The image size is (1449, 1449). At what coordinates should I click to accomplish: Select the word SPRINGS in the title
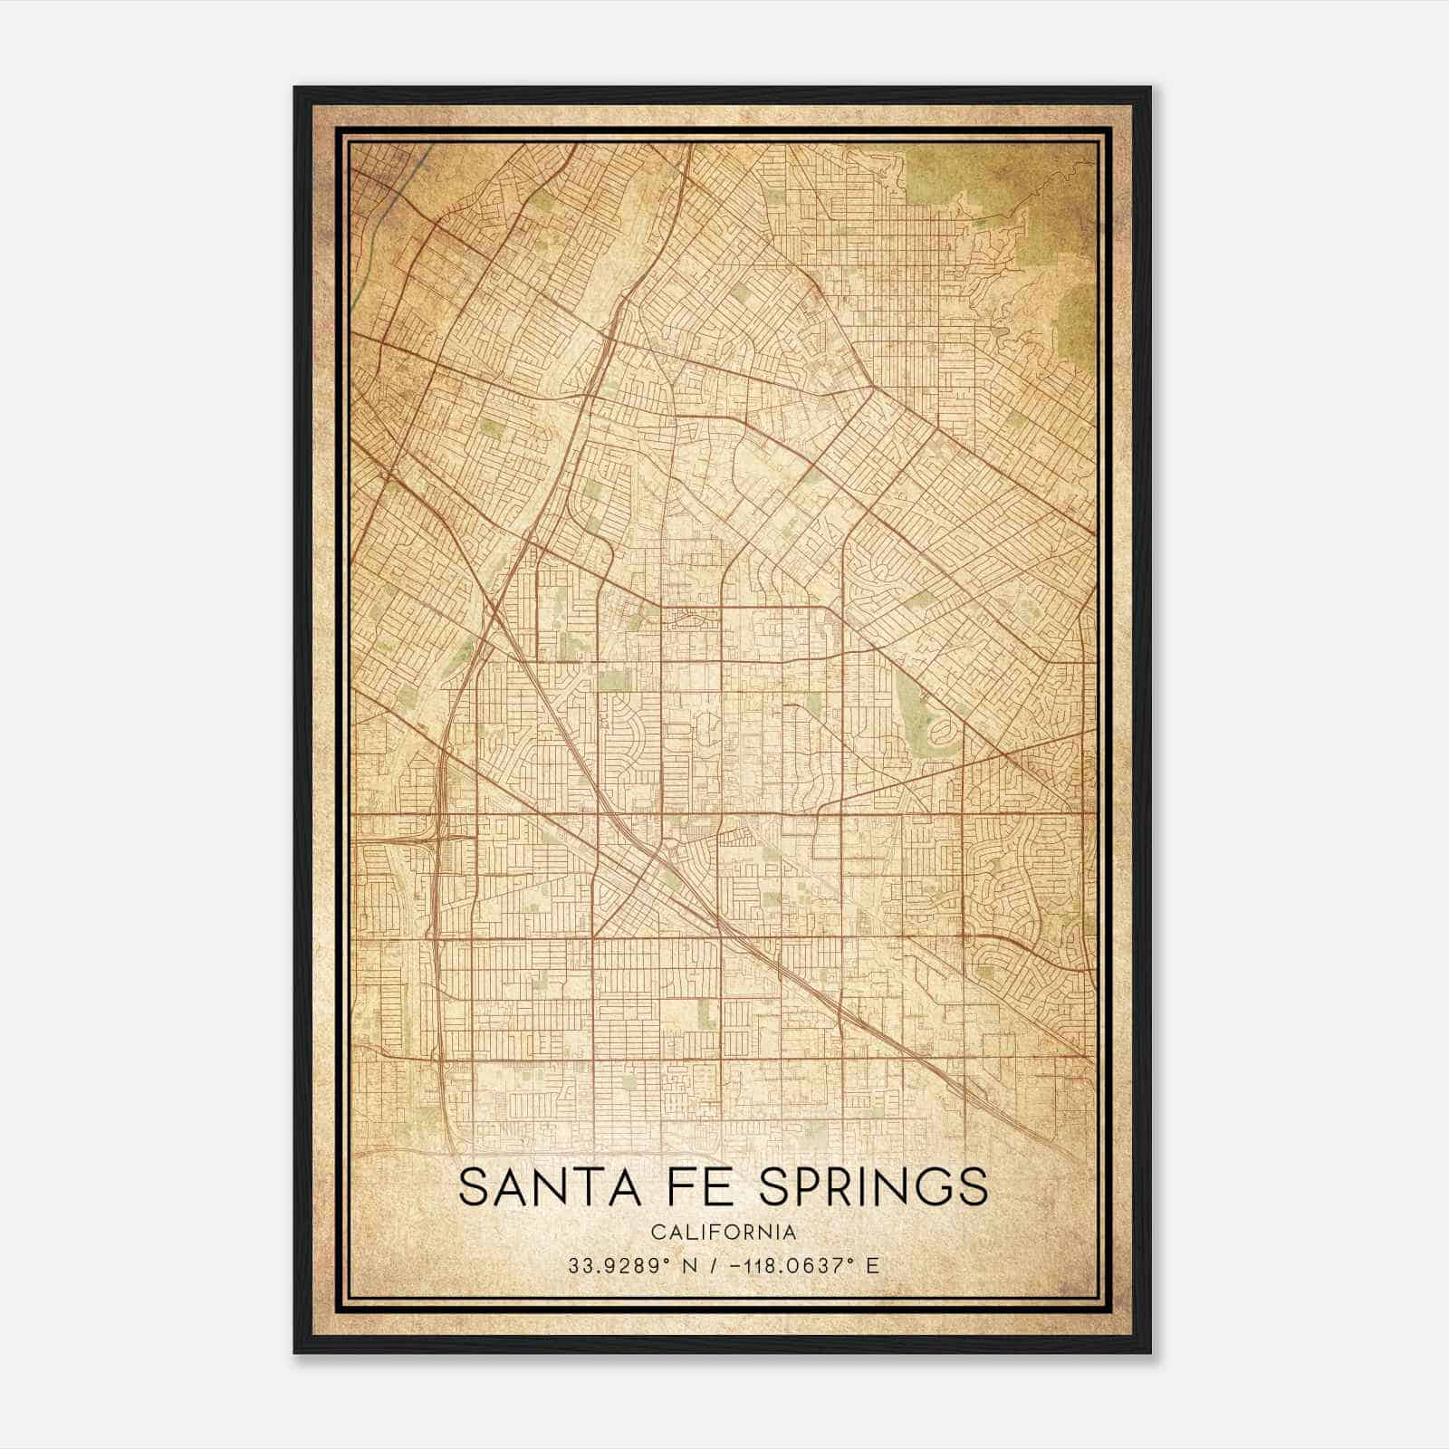(x=872, y=1187)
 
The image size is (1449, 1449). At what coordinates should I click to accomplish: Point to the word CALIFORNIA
(x=724, y=1232)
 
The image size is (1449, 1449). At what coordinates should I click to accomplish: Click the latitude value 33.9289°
(x=616, y=1265)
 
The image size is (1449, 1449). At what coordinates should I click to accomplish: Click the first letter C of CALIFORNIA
(x=657, y=1232)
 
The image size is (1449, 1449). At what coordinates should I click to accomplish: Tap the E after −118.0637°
(x=872, y=1265)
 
